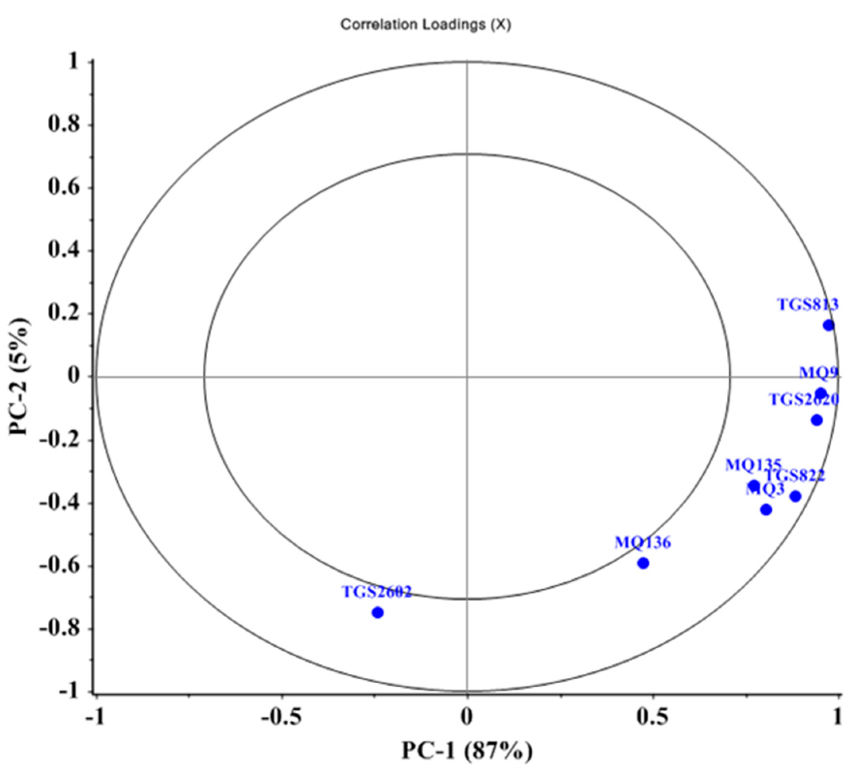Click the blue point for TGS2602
click(378, 613)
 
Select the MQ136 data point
click(643, 563)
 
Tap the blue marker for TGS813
click(829, 325)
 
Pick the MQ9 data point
click(821, 394)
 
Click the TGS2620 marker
click(817, 420)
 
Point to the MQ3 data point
click(766, 509)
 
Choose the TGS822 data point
click(796, 496)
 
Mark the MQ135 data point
click(754, 486)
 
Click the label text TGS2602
click(376, 592)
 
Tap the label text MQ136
click(642, 543)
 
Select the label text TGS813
click(807, 305)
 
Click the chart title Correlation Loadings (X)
click(425, 25)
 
